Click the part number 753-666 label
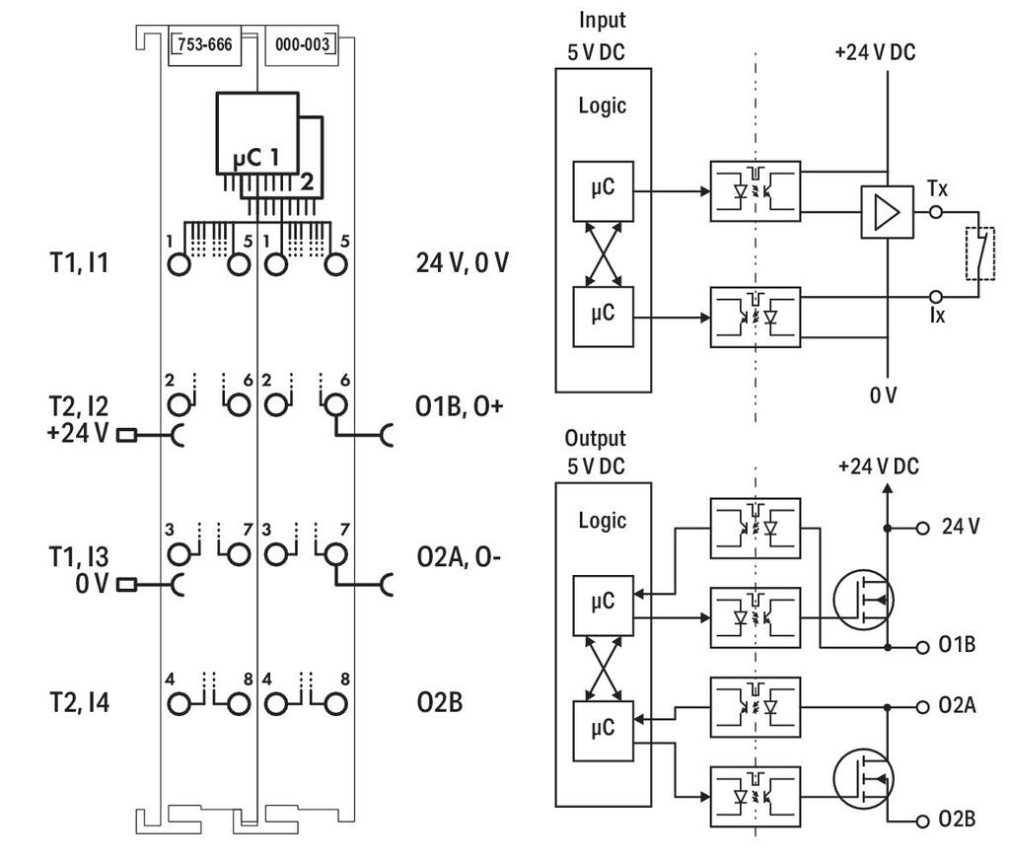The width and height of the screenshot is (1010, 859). coord(205,44)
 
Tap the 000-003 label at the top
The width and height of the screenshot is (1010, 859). coord(302,44)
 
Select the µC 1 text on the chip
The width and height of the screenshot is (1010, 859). coord(256,158)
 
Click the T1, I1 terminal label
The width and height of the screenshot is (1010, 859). coord(79,262)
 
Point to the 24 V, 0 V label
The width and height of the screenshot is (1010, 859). coord(463,262)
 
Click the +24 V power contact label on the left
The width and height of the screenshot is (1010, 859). coord(78,433)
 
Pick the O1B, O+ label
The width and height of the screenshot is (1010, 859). coord(460,406)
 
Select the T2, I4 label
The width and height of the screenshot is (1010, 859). coord(79,702)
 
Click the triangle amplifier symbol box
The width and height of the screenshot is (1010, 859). coord(887,212)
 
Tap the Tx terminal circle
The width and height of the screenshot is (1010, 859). coord(936,212)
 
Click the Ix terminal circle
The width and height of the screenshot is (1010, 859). coord(936,297)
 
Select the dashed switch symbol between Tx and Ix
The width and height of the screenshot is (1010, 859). coord(979,253)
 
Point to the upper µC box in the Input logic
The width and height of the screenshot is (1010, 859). coord(603,191)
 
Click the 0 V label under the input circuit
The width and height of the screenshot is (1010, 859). coord(883,394)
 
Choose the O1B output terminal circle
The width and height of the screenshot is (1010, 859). coord(922,647)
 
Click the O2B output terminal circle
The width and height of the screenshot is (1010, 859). coord(922,821)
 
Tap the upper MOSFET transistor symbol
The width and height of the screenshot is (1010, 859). coord(863,600)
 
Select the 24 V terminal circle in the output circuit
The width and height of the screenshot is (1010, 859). coord(922,528)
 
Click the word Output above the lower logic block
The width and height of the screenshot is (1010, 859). coord(595,439)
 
